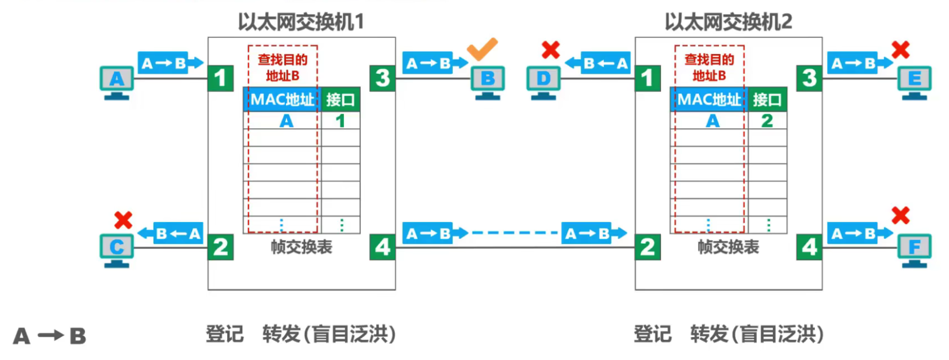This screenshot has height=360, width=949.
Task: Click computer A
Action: (x=117, y=81)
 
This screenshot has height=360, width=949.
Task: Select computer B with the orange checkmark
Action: (x=488, y=81)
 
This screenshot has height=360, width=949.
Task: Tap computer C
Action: (x=117, y=250)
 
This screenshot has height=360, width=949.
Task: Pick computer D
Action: (x=544, y=81)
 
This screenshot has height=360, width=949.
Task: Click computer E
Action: (x=914, y=81)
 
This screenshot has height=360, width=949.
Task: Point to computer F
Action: (x=914, y=250)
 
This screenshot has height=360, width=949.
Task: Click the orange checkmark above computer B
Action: (x=482, y=49)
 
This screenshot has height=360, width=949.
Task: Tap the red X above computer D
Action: (x=550, y=50)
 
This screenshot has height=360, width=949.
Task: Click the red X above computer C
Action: (x=123, y=220)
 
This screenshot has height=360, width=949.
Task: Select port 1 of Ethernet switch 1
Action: (x=220, y=78)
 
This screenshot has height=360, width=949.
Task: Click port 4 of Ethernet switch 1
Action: (x=382, y=247)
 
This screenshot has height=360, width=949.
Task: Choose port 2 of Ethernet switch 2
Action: (x=648, y=247)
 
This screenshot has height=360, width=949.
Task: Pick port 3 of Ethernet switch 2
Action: (x=809, y=78)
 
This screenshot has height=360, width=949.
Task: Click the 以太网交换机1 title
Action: (x=301, y=22)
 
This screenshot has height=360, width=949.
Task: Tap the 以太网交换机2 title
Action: (x=728, y=22)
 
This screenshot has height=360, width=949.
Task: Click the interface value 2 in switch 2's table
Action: (x=767, y=121)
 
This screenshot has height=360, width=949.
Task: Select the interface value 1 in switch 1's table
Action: (x=340, y=121)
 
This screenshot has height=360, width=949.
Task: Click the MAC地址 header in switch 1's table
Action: (x=282, y=99)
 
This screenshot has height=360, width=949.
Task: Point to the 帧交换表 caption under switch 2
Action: (x=728, y=247)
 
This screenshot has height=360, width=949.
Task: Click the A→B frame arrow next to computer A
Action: (x=170, y=63)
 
